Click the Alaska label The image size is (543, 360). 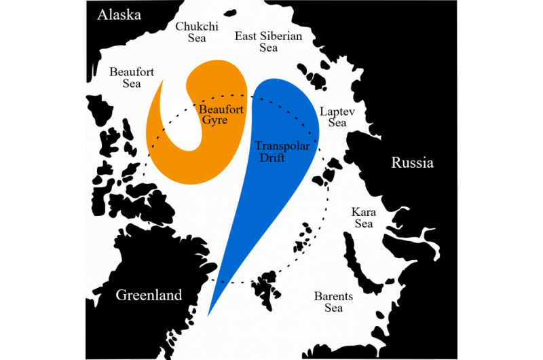(x=119, y=15)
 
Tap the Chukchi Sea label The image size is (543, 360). (x=196, y=32)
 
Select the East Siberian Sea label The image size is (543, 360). (x=269, y=41)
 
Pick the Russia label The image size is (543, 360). (x=412, y=163)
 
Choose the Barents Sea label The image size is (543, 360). (x=333, y=302)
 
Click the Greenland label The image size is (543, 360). (x=149, y=295)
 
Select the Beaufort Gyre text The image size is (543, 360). (x=217, y=113)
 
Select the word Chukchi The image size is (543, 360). (x=196, y=26)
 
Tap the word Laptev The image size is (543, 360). (x=337, y=110)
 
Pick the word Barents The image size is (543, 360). (x=333, y=296)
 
